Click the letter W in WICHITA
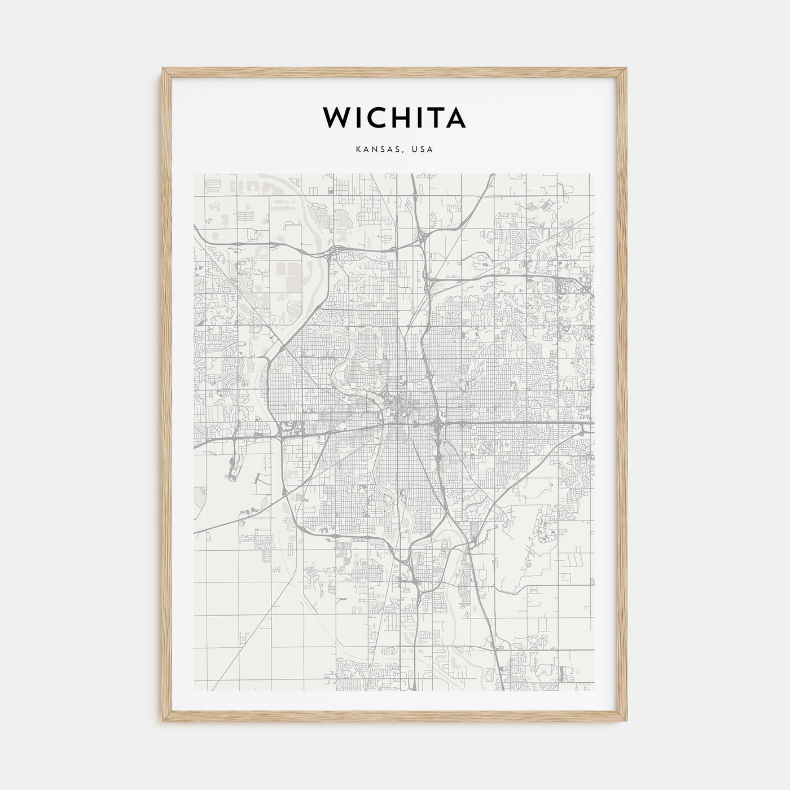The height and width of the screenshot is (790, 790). click(336, 117)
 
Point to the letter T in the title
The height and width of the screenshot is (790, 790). click(434, 117)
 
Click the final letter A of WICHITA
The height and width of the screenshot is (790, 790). click(455, 117)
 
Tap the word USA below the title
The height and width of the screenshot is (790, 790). click(422, 150)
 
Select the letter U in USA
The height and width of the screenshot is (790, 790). click(414, 150)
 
